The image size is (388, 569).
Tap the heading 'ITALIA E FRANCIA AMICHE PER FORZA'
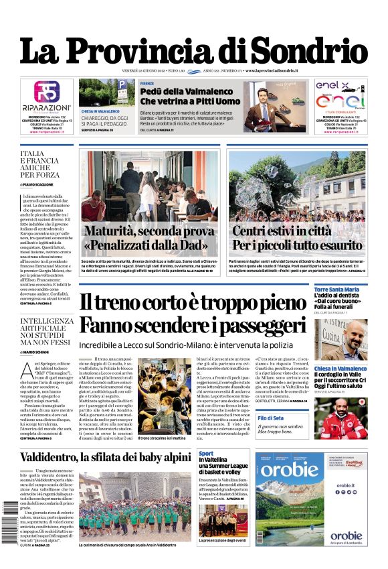pyautogui.click(x=41, y=165)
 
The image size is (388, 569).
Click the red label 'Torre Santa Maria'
pyautogui.click(x=336, y=290)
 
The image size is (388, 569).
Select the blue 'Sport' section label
pyautogui.click(x=206, y=454)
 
